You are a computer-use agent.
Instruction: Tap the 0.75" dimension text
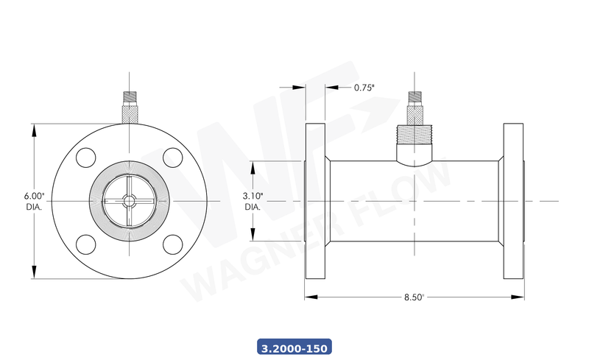tap(364, 88)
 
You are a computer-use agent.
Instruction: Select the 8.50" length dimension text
tap(414, 297)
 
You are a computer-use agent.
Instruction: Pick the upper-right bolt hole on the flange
tap(172, 158)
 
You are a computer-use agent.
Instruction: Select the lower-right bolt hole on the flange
tap(172, 244)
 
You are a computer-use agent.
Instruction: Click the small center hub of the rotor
tap(129, 200)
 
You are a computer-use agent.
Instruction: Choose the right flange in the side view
tap(514, 201)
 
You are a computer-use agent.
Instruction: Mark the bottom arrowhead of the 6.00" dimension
tap(34, 273)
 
